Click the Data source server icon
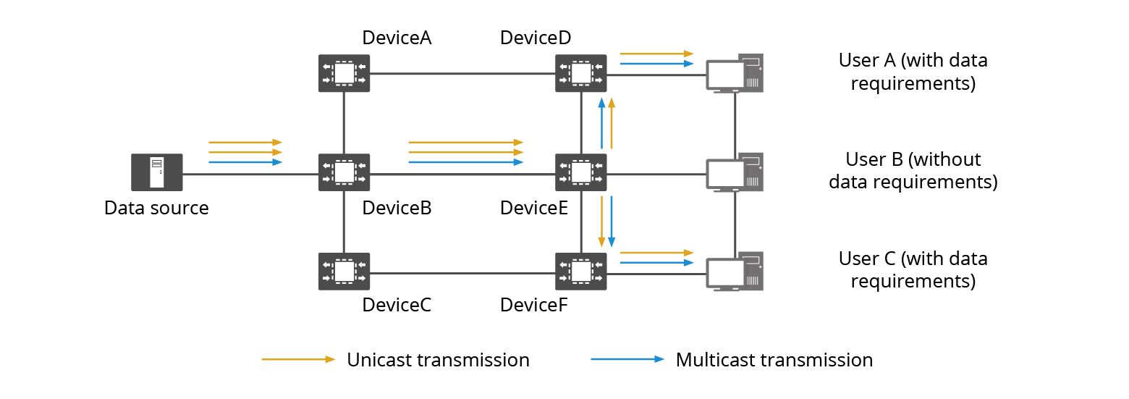coord(156,172)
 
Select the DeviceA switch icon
coord(344,73)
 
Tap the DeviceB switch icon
coord(344,172)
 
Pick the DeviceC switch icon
coord(344,272)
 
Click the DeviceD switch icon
coord(580,73)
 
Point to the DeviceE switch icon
coord(580,172)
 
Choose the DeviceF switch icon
coord(580,272)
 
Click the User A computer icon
coord(735,73)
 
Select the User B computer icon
coord(735,172)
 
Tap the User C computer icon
coord(735,272)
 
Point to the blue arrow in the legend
coord(627,359)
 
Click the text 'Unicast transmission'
coord(438,360)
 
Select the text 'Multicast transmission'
coord(774,360)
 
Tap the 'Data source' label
coord(156,209)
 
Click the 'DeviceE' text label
coord(534,209)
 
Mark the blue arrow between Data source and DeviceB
coord(245,162)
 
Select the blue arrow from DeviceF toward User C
coord(656,262)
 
